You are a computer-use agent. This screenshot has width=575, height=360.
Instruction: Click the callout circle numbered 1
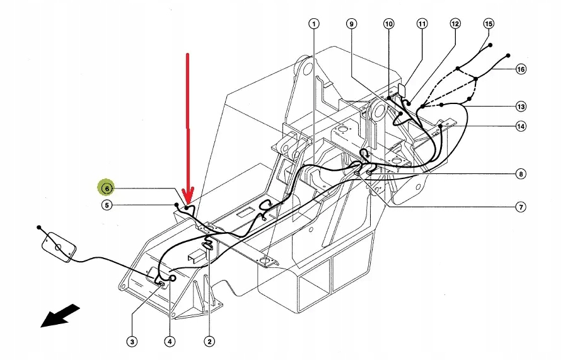tap(313, 24)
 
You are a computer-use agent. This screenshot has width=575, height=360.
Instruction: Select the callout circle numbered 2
tap(209, 342)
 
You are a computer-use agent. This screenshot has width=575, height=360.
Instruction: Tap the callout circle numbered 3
tap(132, 342)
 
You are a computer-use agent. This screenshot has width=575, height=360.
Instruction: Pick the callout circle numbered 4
tap(169, 342)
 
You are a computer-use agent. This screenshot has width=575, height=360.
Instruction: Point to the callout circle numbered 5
tap(107, 205)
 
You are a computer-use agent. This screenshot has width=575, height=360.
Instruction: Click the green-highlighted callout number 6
tap(107, 188)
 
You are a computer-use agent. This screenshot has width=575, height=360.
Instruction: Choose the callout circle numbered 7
tap(520, 206)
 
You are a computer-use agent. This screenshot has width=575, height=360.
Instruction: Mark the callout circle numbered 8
tap(520, 173)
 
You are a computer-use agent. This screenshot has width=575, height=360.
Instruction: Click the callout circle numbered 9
tap(352, 24)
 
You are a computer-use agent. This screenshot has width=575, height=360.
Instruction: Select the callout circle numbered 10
tap(388, 24)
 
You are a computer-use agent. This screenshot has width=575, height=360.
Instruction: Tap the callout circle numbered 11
tap(422, 24)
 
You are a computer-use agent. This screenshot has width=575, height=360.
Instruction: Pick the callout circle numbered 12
tap(455, 24)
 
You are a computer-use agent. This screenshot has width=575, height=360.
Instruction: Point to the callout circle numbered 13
tap(520, 106)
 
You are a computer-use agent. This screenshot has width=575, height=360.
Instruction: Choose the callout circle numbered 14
tap(520, 127)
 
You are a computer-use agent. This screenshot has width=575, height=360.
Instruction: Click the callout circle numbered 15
tap(489, 24)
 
